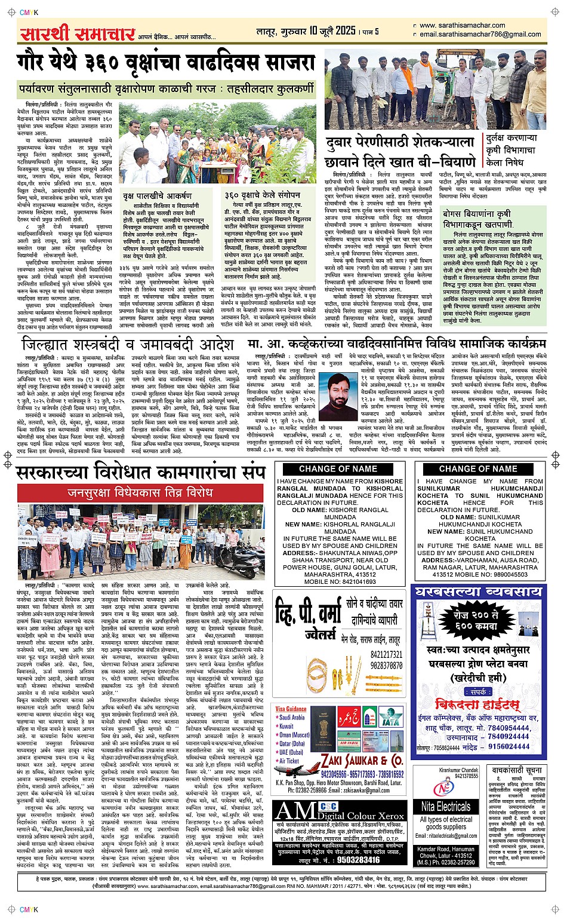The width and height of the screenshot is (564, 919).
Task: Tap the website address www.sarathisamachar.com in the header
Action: [454, 26]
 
